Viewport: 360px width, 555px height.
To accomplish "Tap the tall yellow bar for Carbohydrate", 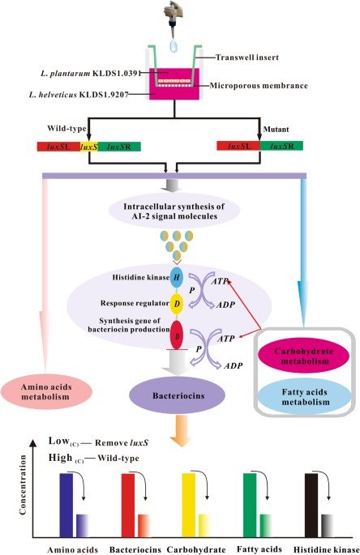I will [189, 505].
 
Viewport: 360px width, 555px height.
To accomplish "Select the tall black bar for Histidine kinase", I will [311, 505].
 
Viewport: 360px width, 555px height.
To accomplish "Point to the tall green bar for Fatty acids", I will [250, 505].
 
